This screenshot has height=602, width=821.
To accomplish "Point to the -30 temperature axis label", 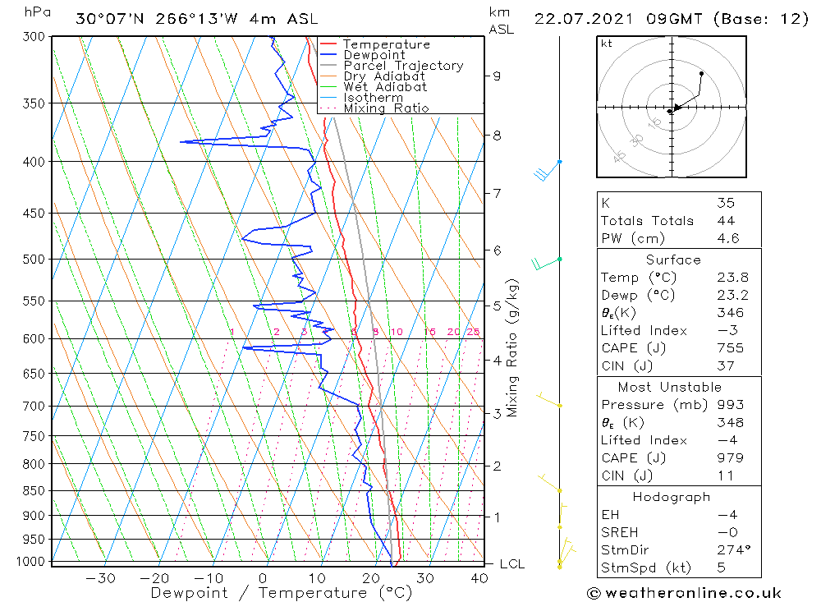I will point(100,578).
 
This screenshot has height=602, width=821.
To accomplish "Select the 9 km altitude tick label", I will point(497,76).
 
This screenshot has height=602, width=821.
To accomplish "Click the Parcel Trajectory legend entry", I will point(403,66).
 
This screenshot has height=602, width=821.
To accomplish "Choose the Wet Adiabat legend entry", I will point(385,87).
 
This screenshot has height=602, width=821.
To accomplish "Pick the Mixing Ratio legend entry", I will point(386,108).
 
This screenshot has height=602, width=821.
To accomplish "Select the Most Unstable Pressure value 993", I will point(730,405).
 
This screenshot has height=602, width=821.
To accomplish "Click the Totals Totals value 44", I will point(726,221).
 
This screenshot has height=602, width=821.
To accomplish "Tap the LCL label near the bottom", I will point(511,564).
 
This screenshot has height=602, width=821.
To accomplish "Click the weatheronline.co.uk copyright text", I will point(684,593).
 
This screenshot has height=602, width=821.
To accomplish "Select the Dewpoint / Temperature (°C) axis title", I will point(281,592).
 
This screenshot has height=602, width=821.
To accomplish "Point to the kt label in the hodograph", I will point(607,44).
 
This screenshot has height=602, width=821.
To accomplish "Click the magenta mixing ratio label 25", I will point(473,332).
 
